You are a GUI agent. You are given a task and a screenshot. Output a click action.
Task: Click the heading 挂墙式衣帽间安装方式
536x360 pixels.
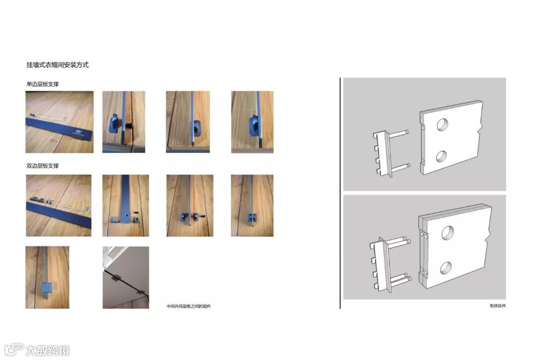click(x=58, y=65)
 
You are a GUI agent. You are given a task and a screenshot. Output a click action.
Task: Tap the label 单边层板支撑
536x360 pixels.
click(x=42, y=84)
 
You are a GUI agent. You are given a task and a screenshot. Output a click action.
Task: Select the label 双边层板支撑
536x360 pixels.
click(x=42, y=166)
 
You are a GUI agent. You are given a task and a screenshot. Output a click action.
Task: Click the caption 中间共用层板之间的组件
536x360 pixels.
click(x=189, y=306)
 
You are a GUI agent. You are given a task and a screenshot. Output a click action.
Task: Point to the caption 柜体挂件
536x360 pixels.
click(x=497, y=306)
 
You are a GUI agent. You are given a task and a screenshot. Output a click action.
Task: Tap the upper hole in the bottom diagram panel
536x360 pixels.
click(x=448, y=232)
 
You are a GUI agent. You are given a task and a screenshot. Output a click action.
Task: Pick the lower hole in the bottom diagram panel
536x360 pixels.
click(x=446, y=268)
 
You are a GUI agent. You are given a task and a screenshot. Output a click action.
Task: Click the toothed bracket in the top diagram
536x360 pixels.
click(x=382, y=154)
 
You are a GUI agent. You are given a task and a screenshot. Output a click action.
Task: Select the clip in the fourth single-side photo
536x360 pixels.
click(x=254, y=126)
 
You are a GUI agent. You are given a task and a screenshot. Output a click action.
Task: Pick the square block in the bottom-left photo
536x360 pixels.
click(x=47, y=288)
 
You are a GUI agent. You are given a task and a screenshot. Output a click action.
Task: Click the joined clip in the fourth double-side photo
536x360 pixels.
click(x=253, y=217)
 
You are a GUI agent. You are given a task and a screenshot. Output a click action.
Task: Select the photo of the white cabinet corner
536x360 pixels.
click(x=126, y=277)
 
